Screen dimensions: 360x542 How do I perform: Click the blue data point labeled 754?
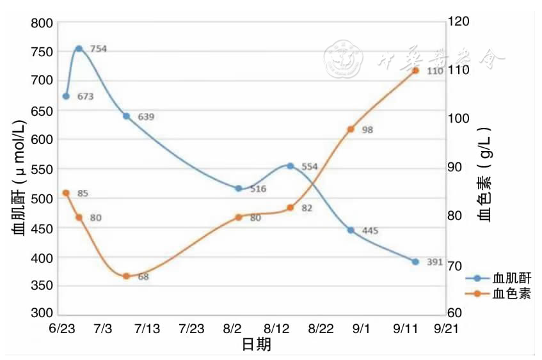(x=79, y=49)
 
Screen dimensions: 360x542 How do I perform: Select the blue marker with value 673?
(x=66, y=96)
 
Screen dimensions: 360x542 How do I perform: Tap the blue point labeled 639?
(x=126, y=116)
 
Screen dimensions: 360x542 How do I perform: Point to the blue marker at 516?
(x=239, y=189)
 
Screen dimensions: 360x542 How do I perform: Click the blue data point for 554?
(x=290, y=166)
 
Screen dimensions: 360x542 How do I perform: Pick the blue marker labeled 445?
(x=351, y=230)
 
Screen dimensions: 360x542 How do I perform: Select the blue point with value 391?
(x=415, y=262)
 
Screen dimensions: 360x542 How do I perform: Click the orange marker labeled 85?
(x=66, y=192)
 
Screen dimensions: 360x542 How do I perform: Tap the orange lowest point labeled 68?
(x=126, y=276)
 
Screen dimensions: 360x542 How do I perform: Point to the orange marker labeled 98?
(x=351, y=129)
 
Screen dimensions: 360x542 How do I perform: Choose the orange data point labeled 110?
(x=415, y=70)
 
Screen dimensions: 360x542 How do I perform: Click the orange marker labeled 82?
(x=290, y=208)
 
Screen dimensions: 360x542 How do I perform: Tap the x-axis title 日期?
(x=257, y=345)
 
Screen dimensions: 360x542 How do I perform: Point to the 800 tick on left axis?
(x=40, y=24)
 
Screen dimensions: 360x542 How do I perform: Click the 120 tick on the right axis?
(x=460, y=21)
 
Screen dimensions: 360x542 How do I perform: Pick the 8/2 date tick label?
(x=232, y=329)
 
